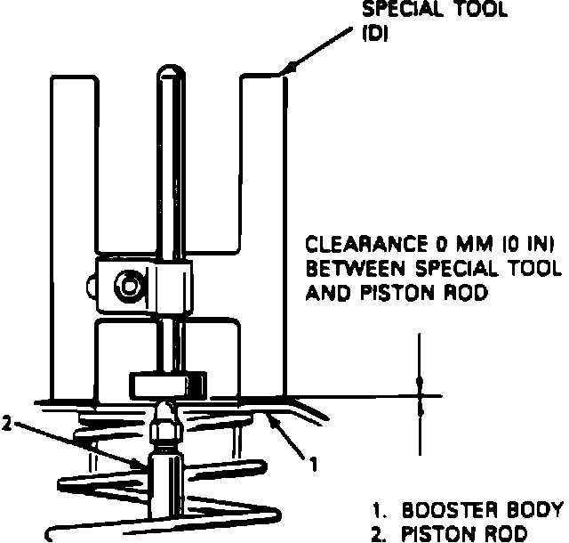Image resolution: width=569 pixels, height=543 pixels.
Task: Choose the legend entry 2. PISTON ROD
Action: (455, 533)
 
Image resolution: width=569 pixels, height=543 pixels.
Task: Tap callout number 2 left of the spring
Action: (7, 424)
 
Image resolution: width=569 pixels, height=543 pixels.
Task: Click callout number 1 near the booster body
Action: (312, 463)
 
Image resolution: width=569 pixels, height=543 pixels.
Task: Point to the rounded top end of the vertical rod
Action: (169, 74)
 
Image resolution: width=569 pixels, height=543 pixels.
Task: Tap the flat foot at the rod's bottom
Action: (168, 386)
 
